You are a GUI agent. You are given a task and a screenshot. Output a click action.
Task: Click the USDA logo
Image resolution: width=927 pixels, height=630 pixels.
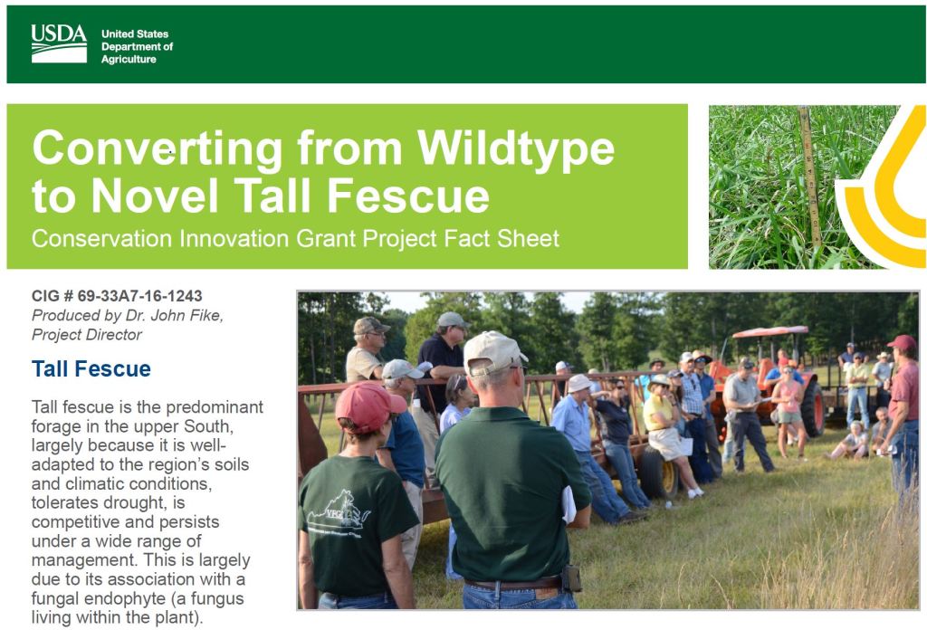click(59, 43)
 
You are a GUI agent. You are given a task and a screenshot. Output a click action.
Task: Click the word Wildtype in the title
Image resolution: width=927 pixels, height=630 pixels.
click(515, 148)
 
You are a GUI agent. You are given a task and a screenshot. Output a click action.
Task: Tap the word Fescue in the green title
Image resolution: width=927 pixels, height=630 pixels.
click(408, 196)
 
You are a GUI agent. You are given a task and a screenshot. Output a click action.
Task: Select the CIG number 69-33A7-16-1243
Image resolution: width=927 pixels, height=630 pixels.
click(139, 295)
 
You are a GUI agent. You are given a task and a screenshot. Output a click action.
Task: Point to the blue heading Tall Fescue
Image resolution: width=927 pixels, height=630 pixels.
click(91, 368)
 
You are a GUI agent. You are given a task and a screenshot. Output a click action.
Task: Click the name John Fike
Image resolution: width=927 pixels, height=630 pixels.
click(186, 315)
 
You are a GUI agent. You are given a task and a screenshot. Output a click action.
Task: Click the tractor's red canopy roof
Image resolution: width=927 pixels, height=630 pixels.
click(769, 331)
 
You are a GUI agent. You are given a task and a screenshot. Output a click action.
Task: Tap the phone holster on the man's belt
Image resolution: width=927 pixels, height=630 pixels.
click(572, 578)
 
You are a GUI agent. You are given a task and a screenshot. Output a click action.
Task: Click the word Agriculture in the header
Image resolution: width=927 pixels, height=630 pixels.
click(129, 59)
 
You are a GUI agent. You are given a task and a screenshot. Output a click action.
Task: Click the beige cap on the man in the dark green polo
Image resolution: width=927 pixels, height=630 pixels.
click(494, 352)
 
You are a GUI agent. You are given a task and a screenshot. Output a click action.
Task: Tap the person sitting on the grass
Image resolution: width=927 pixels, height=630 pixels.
click(850, 441)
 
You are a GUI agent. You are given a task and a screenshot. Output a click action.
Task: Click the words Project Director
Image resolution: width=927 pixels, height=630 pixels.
click(86, 335)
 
